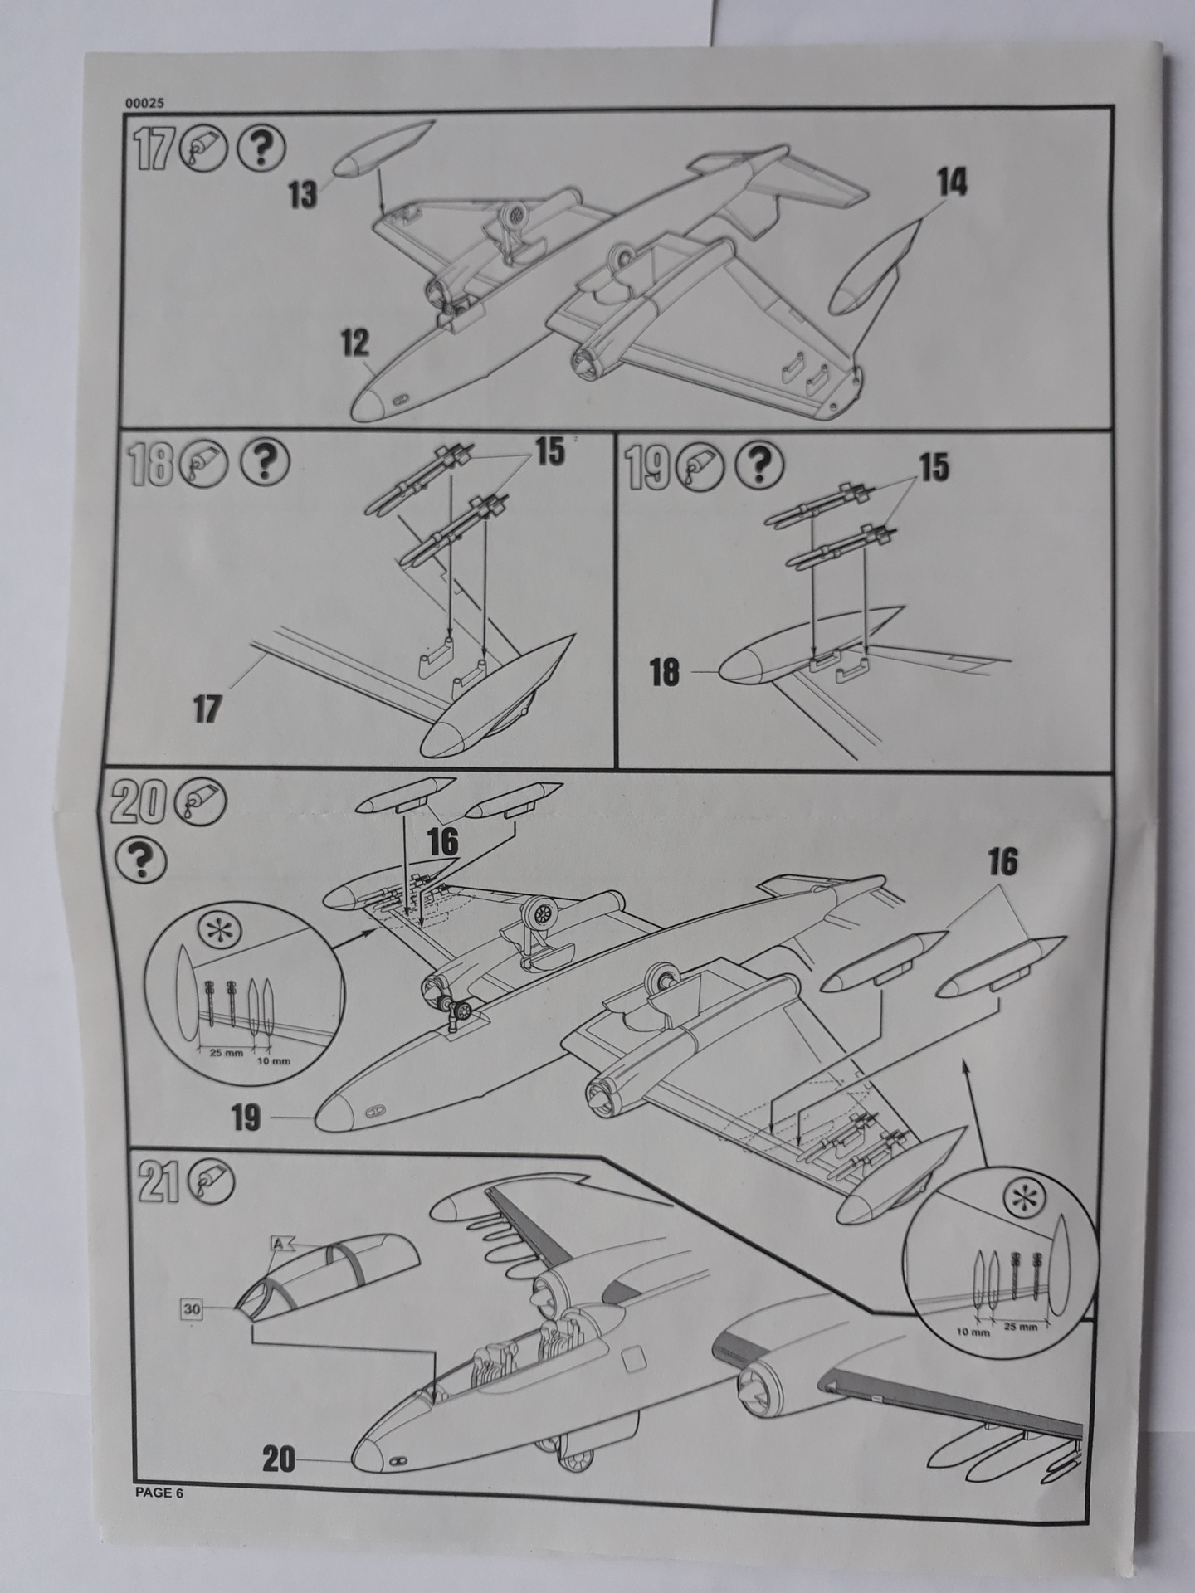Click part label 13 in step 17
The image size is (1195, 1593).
click(303, 196)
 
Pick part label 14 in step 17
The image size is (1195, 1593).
click(953, 182)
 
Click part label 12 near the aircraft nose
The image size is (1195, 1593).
click(355, 343)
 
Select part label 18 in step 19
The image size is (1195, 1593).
click(664, 672)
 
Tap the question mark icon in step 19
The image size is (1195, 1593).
click(758, 464)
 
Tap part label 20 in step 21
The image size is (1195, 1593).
click(279, 1459)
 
